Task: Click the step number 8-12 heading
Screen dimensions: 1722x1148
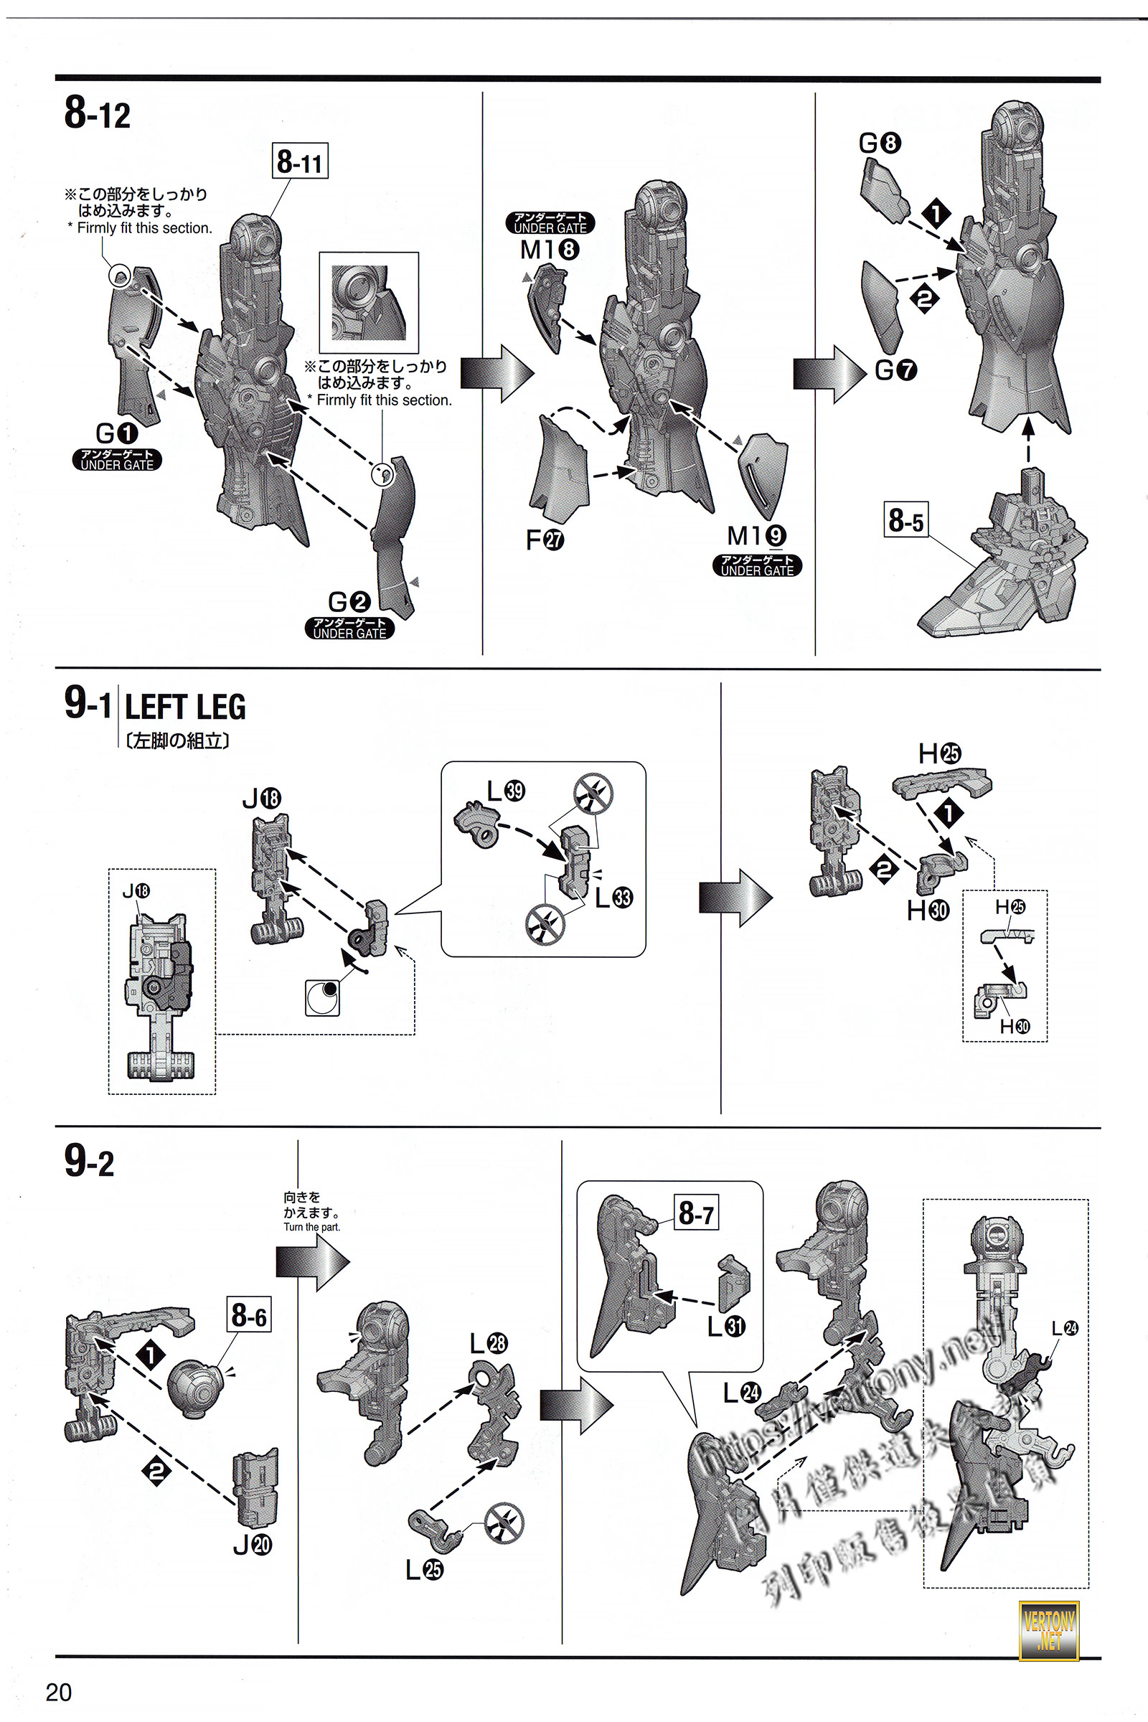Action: click(x=98, y=114)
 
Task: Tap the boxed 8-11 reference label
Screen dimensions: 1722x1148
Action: click(x=300, y=161)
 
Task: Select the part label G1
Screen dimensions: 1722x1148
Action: click(x=116, y=433)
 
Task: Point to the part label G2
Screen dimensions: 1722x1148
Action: click(x=349, y=602)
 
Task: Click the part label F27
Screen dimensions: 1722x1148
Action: click(x=545, y=540)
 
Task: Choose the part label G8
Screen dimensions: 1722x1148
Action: click(x=880, y=143)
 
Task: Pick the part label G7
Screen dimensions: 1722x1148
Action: click(x=895, y=370)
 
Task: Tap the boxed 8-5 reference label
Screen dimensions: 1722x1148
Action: click(x=906, y=519)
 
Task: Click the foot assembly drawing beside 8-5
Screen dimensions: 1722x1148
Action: click(x=1003, y=564)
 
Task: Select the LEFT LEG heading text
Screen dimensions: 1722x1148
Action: click(x=185, y=707)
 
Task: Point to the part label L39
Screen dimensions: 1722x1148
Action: click(x=506, y=791)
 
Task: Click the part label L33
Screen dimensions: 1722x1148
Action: click(x=613, y=898)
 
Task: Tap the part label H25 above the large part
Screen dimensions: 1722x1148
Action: click(x=939, y=753)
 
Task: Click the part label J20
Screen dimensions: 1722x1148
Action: click(x=252, y=1545)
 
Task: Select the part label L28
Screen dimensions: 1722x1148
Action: click(x=489, y=1343)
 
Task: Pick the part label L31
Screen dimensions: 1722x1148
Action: click(x=726, y=1326)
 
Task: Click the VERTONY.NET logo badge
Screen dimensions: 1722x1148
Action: click(x=1049, y=1629)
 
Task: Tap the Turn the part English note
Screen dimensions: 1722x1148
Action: click(x=312, y=1227)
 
